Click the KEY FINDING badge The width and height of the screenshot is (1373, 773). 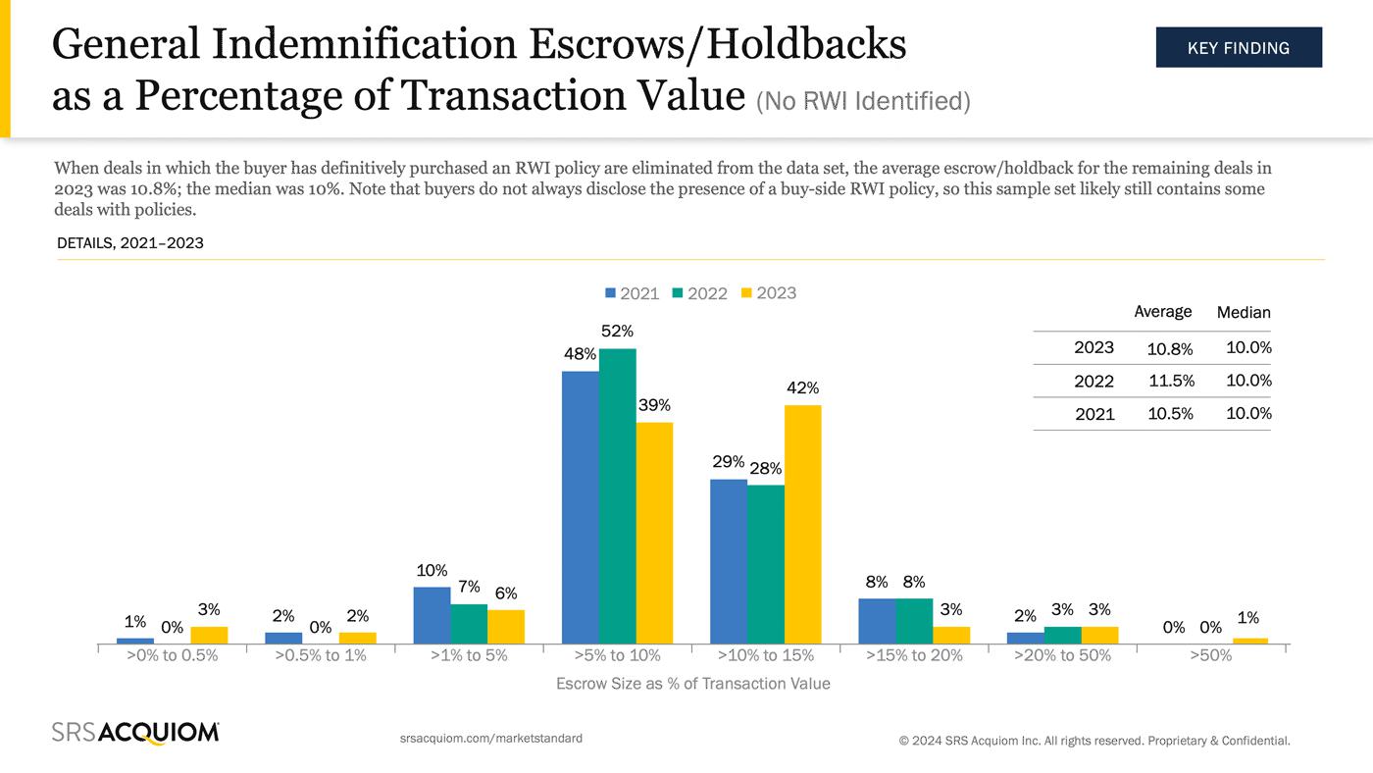[x=1238, y=47]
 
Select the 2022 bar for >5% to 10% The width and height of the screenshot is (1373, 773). [x=617, y=495]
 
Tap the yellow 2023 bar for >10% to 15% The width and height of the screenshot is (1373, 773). [x=802, y=524]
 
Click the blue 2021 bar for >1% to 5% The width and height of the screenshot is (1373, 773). [x=432, y=615]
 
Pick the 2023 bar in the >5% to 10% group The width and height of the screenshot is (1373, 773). [x=654, y=533]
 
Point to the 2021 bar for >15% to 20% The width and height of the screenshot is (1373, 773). [x=877, y=621]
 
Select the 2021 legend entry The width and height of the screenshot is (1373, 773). [x=632, y=293]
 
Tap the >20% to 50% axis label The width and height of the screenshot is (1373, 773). [x=1062, y=655]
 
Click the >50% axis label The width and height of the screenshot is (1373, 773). [x=1210, y=655]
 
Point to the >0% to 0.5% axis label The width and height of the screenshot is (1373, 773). [x=172, y=655]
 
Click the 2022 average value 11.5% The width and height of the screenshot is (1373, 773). [x=1170, y=381]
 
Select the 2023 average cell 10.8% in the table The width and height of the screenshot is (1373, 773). [x=1170, y=347]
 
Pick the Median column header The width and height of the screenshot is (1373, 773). [x=1243, y=312]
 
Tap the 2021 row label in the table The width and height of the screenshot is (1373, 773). [x=1094, y=414]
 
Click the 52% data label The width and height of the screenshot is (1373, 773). [x=617, y=332]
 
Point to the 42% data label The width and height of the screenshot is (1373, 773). [x=802, y=388]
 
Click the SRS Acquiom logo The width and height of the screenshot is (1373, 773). [x=135, y=733]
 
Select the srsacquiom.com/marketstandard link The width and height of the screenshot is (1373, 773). [x=491, y=738]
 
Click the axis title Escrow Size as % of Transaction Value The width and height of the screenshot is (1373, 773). [x=692, y=684]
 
